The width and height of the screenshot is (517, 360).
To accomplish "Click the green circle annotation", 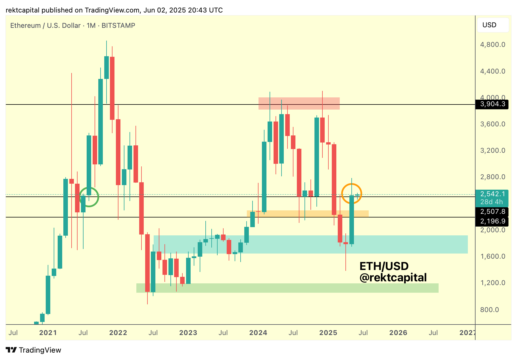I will click(89, 197).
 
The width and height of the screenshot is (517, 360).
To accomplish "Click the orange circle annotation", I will click(351, 194).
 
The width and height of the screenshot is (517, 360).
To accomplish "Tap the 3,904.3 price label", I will click(493, 104).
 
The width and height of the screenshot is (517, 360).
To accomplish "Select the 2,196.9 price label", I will click(493, 221).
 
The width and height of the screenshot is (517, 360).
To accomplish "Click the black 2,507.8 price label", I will click(493, 212).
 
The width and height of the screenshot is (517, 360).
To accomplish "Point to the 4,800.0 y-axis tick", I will click(493, 45).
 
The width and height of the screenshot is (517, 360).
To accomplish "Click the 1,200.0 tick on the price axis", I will click(493, 283).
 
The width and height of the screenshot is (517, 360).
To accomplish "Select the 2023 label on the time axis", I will click(188, 333).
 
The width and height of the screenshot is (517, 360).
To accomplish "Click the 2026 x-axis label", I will click(398, 333).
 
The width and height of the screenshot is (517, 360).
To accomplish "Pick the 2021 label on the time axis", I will click(48, 333).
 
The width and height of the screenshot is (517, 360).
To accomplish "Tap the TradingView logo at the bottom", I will click(34, 350).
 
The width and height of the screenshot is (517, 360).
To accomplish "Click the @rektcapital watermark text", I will click(393, 278).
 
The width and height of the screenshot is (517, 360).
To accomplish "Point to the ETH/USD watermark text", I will click(384, 266).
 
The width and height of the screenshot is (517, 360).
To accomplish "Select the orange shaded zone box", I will click(307, 214).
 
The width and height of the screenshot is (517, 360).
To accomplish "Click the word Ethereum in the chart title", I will click(26, 26).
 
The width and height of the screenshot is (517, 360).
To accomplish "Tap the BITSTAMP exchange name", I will click(118, 26).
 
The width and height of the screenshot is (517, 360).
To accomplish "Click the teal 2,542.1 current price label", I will click(493, 194).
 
